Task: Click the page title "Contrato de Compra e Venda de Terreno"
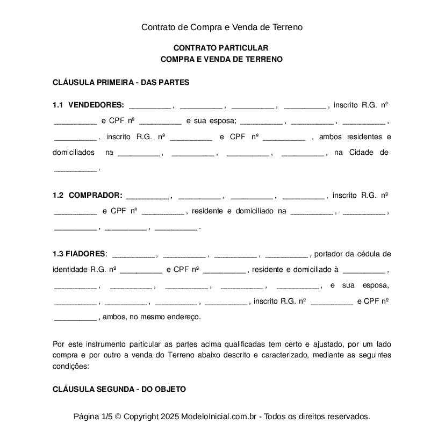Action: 222,27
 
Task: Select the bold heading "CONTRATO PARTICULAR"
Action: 221,48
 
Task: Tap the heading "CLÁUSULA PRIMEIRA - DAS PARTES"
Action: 121,82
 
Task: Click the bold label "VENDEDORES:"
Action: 96,105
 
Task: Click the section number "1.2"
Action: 58,195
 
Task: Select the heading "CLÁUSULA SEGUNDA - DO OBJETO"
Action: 119,389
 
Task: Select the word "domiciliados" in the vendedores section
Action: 74,153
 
